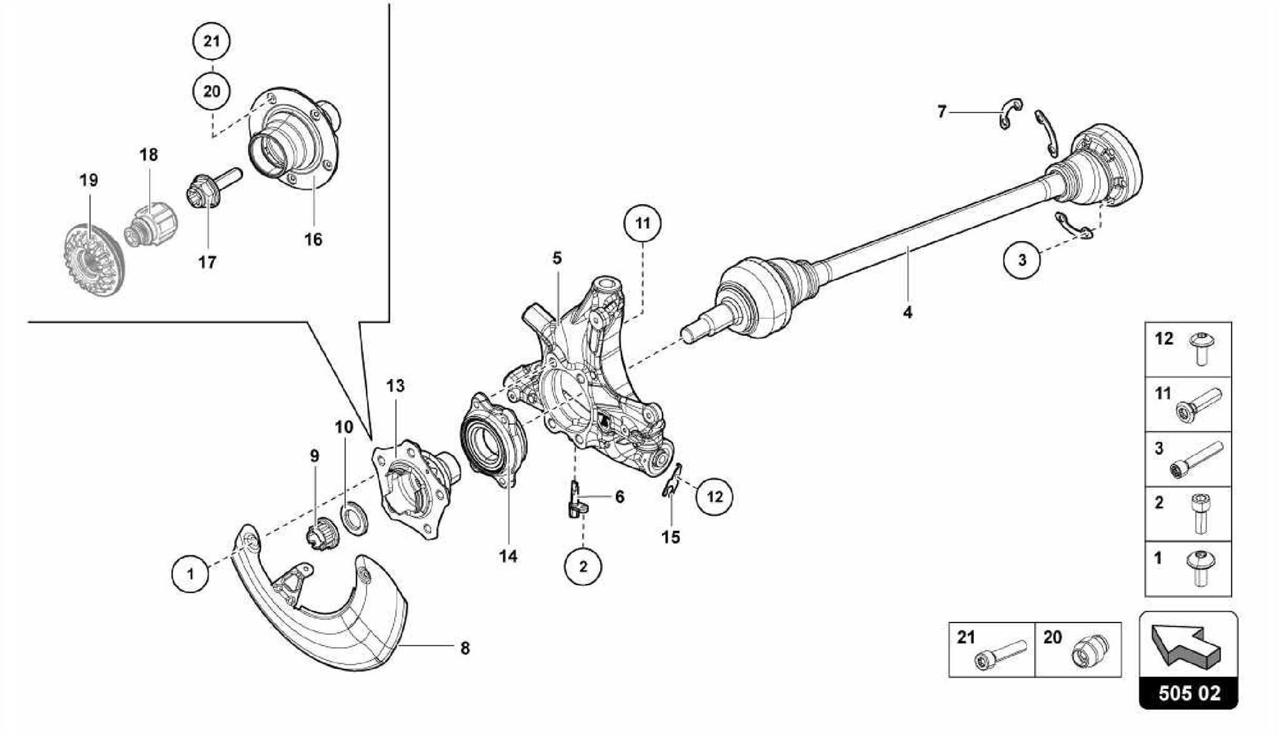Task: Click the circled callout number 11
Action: click(643, 224)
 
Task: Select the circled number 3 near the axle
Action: click(1022, 260)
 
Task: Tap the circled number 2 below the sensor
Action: click(583, 566)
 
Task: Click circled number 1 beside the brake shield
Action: click(190, 573)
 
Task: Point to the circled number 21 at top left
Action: click(211, 41)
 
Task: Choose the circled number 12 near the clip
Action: click(714, 497)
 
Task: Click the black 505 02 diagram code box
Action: click(1188, 693)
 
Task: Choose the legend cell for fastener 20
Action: click(1078, 649)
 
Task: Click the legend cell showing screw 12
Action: click(1188, 349)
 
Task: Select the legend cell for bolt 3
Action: click(1188, 459)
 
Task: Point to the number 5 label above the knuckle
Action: click(556, 257)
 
